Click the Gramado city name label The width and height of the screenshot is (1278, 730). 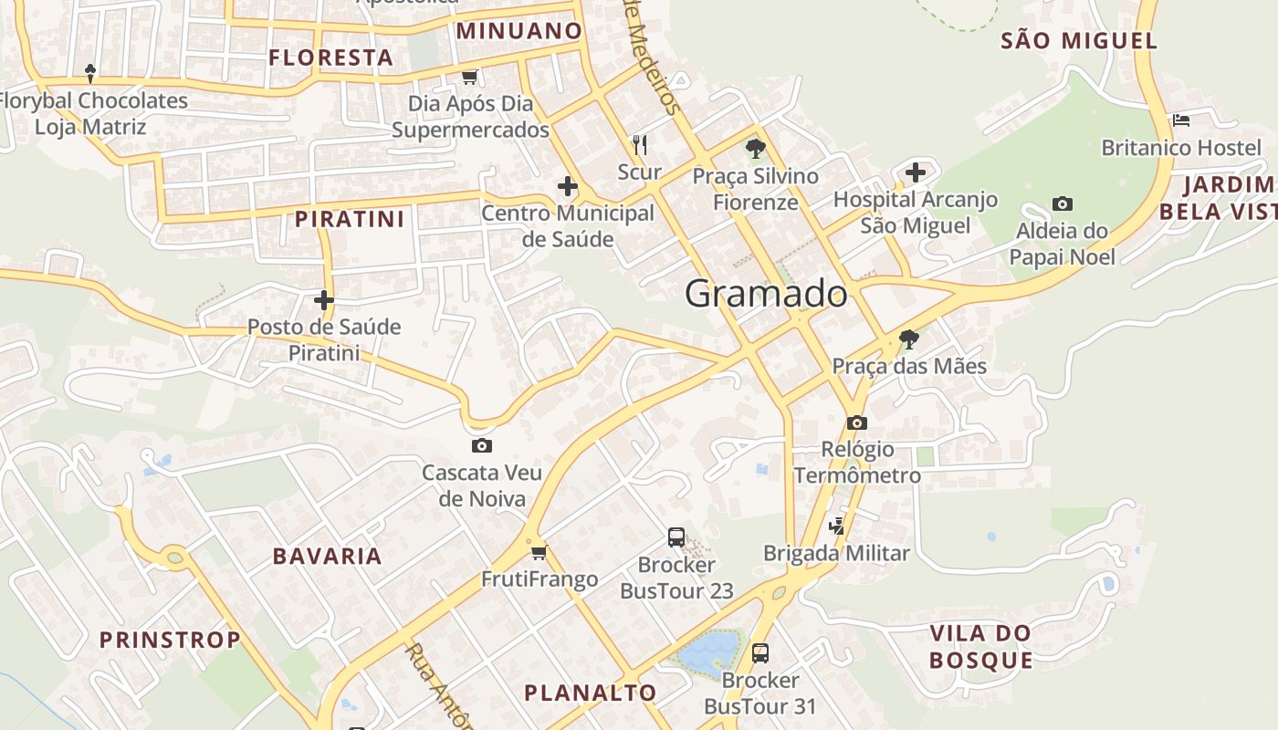point(766,294)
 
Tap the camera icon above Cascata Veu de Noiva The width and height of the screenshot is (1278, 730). point(482,445)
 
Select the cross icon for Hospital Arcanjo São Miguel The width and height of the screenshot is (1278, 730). point(915,172)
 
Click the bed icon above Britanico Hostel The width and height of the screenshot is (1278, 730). point(1181,120)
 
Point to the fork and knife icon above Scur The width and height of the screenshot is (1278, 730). point(640,144)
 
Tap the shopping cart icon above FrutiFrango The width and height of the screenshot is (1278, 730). point(539,551)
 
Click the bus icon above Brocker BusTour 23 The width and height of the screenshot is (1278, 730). point(676,537)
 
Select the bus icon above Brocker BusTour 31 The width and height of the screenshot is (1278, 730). point(760,652)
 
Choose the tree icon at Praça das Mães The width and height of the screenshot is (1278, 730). point(908,339)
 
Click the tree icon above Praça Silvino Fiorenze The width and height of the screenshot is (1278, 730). point(755,148)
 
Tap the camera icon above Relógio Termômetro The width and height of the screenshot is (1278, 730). point(856,422)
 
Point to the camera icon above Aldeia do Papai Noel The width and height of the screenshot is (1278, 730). point(1062,203)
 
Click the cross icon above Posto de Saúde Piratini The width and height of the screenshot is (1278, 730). point(324,299)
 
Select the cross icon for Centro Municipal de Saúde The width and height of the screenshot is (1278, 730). point(568,187)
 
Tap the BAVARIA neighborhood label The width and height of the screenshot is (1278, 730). point(327,556)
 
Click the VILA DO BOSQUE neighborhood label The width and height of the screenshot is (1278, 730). point(981,646)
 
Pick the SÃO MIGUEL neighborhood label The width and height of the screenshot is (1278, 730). point(1079,40)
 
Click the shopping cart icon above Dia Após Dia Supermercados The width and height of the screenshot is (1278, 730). point(469,77)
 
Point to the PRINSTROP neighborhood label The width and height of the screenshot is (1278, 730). point(170,640)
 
